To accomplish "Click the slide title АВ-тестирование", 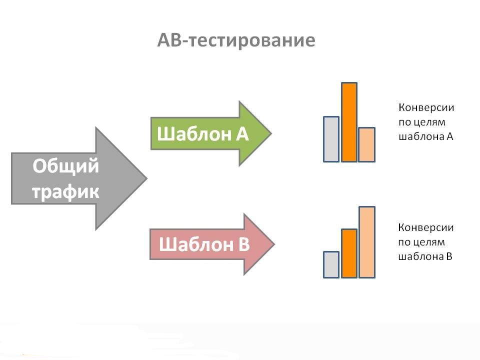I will click(x=236, y=40).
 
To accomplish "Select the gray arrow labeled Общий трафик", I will click(x=75, y=178).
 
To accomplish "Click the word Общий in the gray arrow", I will click(x=66, y=166).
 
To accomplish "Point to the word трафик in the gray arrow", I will click(x=66, y=191).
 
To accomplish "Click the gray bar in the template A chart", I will click(x=331, y=139).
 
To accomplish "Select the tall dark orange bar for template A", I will click(x=349, y=122).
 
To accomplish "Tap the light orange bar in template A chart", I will click(x=366, y=144).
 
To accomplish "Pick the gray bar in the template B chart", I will click(x=331, y=264).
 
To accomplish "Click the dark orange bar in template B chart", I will click(x=349, y=253).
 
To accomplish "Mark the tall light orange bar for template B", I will click(x=366, y=242).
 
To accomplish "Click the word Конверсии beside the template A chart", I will click(x=426, y=107).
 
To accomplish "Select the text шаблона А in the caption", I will click(x=425, y=136).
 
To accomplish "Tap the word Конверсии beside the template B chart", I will click(x=426, y=227).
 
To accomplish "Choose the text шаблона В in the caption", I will click(x=425, y=257).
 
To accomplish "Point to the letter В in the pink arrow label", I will click(x=243, y=245).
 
